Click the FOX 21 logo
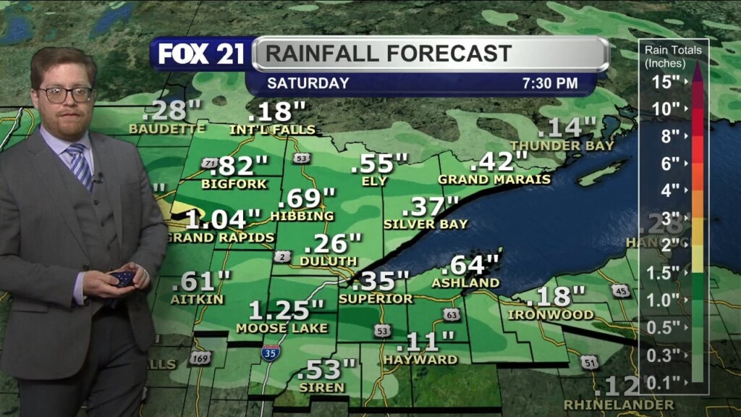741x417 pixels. click(x=201, y=54)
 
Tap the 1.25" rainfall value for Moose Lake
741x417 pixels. click(x=287, y=310)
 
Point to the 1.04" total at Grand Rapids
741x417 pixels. click(x=223, y=219)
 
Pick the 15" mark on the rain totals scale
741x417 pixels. click(x=665, y=82)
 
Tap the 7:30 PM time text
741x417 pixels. click(x=550, y=83)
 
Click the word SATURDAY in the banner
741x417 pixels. click(x=308, y=83)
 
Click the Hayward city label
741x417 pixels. click(x=420, y=359)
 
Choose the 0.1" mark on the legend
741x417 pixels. click(x=665, y=382)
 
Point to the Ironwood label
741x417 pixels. click(x=551, y=315)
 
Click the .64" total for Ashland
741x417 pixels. click(x=475, y=265)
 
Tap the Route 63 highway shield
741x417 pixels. click(x=452, y=315)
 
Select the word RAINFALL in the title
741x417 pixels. click(x=321, y=54)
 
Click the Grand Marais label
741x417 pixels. click(x=494, y=179)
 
